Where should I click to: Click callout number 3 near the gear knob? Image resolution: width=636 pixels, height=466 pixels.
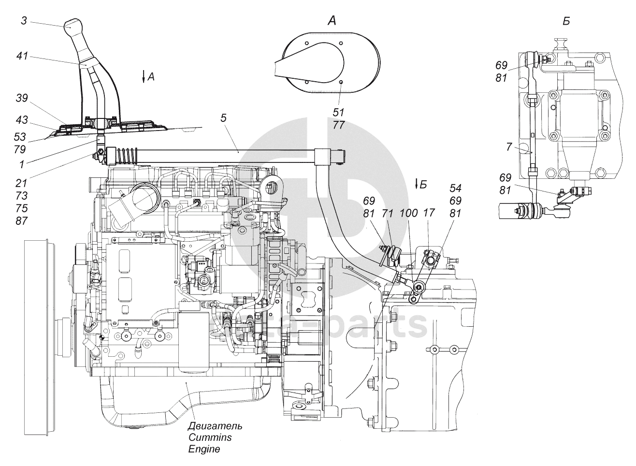24,21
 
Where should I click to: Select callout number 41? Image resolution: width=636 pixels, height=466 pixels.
22,56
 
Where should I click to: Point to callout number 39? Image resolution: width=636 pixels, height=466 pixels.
22,98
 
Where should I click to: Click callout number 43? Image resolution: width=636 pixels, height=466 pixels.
22,120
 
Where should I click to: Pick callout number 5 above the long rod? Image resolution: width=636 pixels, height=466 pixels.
223,118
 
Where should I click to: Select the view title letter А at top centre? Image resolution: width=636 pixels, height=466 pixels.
332,20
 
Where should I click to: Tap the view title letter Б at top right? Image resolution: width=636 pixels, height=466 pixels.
566,21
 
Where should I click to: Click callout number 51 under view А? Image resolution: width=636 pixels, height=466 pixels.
338,113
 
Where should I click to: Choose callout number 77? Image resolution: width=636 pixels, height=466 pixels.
339,125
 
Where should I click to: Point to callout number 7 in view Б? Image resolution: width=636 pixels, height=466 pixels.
509,147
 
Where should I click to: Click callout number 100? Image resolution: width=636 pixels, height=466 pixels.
409,213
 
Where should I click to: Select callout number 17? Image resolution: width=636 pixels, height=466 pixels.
429,213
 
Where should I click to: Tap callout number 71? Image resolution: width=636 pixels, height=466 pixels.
388,213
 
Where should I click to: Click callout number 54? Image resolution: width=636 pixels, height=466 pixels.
455,188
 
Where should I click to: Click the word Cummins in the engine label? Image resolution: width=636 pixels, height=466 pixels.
210,437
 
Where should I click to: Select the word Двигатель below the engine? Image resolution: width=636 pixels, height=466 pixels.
215,426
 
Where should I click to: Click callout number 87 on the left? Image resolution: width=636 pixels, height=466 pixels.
22,221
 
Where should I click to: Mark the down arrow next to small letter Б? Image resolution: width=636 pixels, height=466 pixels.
417,184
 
